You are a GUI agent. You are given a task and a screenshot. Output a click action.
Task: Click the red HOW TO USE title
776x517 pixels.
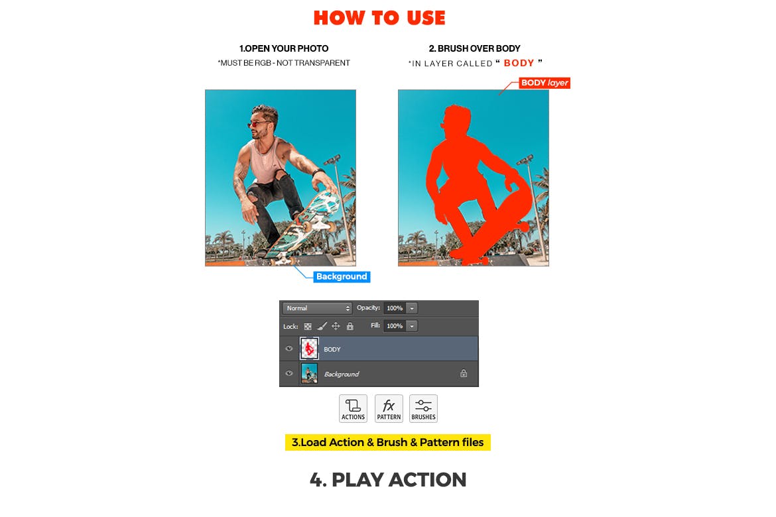(379, 18)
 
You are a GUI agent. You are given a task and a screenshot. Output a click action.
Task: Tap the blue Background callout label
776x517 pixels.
(342, 276)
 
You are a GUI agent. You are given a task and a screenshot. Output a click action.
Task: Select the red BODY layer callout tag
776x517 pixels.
(545, 83)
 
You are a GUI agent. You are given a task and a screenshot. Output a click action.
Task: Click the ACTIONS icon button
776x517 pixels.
(353, 408)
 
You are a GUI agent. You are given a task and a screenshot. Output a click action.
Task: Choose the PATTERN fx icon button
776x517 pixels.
(389, 408)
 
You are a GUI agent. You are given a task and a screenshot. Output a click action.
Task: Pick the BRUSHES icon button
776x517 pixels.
(423, 408)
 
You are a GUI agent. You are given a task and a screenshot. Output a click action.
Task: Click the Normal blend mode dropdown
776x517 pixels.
(317, 308)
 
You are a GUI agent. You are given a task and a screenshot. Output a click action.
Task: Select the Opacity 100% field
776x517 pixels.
(395, 308)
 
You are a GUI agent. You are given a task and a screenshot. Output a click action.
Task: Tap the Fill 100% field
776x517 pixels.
(395, 326)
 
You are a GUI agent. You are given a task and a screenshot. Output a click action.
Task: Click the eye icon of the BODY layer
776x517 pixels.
(289, 349)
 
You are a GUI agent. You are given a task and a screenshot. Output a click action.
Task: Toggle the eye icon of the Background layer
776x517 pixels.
(289, 374)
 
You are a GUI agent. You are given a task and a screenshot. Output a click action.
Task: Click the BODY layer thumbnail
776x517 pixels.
(309, 349)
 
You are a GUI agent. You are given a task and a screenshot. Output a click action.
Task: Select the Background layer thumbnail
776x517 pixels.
(309, 374)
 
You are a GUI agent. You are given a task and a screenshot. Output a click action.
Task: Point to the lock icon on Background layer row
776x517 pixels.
(464, 374)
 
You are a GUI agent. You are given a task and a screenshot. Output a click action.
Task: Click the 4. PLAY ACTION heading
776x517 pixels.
(388, 480)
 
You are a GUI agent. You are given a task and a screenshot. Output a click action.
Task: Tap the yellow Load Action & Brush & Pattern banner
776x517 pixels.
(388, 442)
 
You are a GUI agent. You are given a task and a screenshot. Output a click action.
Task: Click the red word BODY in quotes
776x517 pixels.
(519, 63)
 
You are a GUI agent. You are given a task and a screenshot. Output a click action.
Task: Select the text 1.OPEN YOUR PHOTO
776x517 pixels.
(284, 48)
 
